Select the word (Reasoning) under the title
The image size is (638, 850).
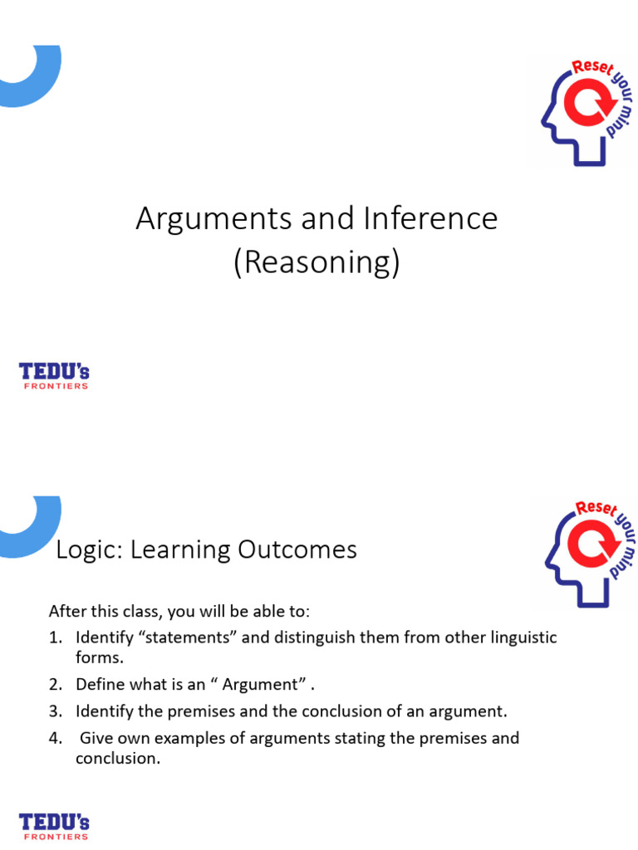tap(317, 262)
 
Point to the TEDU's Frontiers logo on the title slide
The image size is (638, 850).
tap(54, 376)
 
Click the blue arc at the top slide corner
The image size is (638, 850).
tap(33, 79)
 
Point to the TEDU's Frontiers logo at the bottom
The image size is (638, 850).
tap(54, 827)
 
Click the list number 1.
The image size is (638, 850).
tap(55, 638)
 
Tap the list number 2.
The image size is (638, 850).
tap(56, 685)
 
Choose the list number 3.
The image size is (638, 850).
tap(56, 711)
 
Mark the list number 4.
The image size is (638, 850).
tap(56, 738)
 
